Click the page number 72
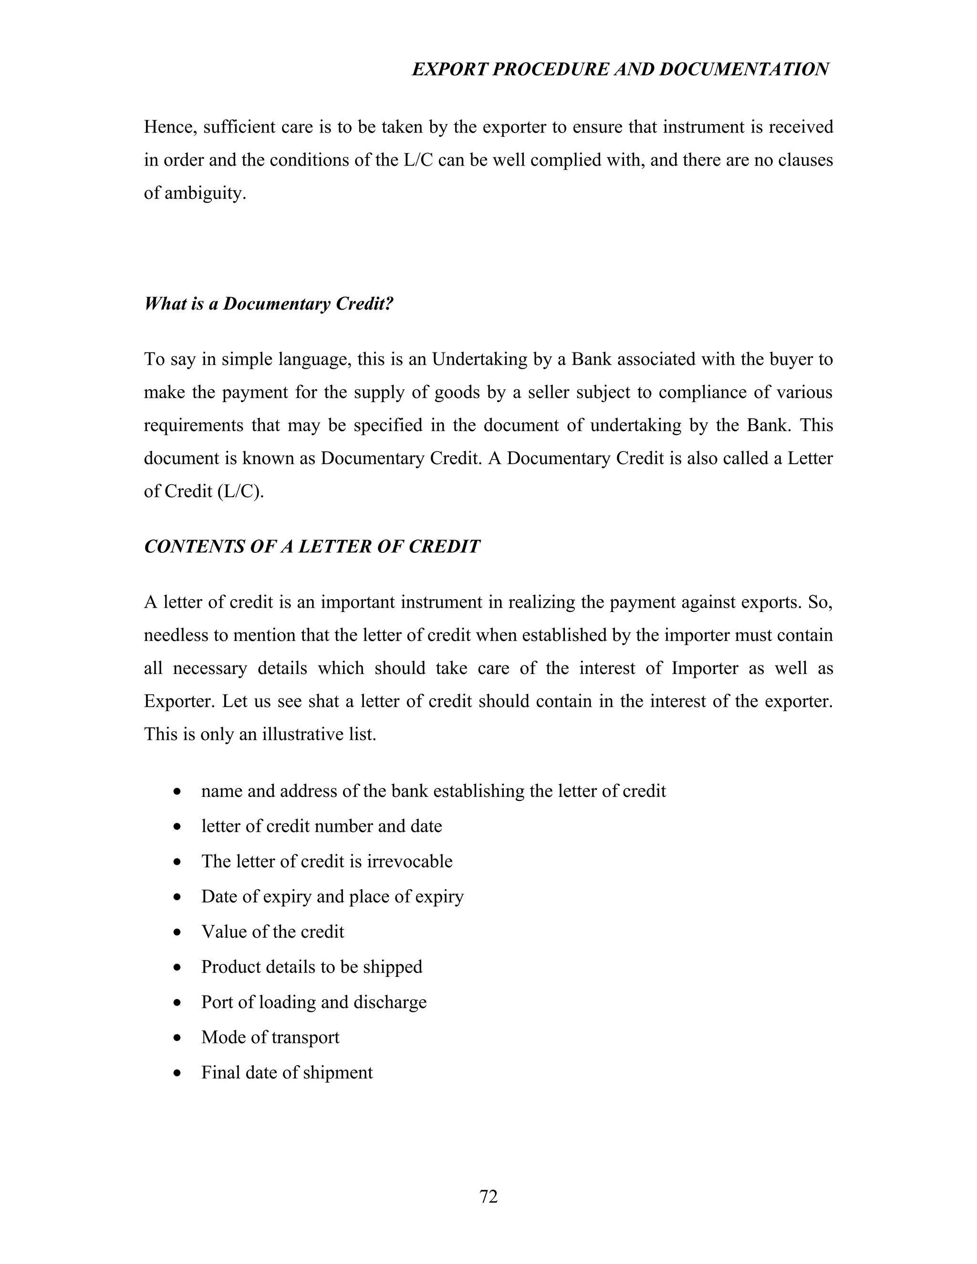click(x=488, y=1196)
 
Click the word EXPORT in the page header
click(x=445, y=70)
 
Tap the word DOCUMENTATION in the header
click(x=744, y=70)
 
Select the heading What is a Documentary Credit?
click(x=269, y=304)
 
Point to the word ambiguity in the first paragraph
click(x=205, y=193)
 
